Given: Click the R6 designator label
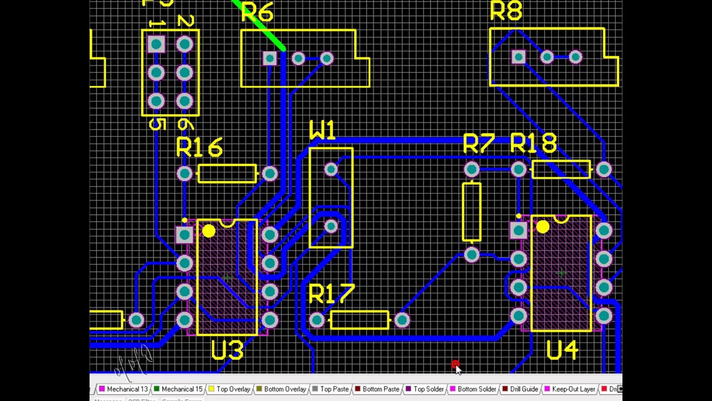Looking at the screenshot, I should pos(257,12).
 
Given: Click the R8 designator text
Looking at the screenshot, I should pos(506,11).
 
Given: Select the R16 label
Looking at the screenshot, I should pos(199,148).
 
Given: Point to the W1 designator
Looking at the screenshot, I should pos(323,131).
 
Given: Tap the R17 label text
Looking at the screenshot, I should pos(331,294).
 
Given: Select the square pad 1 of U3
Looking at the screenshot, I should pos(184,234).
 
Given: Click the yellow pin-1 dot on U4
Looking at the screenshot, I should pos(542,227).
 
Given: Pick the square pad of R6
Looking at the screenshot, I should pos(270,58).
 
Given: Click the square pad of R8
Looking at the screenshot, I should pos(518,57).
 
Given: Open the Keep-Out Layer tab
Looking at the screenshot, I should pos(573,389).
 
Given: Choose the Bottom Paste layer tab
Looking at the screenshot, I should pos(380,389).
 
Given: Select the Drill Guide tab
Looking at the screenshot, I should pos(523,389).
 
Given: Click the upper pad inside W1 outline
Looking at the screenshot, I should pos(331,169).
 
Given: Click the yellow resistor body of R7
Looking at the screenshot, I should pos(472,212).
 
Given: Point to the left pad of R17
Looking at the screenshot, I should pos(317,320).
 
